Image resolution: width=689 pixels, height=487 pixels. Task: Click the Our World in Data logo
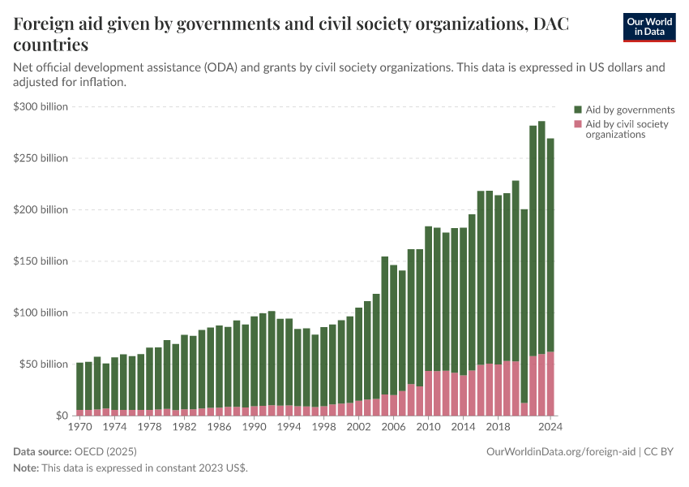648,27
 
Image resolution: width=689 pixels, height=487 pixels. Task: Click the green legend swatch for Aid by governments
578,110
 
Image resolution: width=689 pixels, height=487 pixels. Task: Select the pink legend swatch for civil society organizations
578,124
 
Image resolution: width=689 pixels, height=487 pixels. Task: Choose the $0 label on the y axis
62,416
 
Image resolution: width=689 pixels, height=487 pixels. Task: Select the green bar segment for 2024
550,243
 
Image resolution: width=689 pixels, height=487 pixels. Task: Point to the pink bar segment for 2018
499,390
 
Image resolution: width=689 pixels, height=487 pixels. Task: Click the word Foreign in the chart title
48,25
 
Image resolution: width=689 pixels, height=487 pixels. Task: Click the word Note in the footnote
27,468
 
